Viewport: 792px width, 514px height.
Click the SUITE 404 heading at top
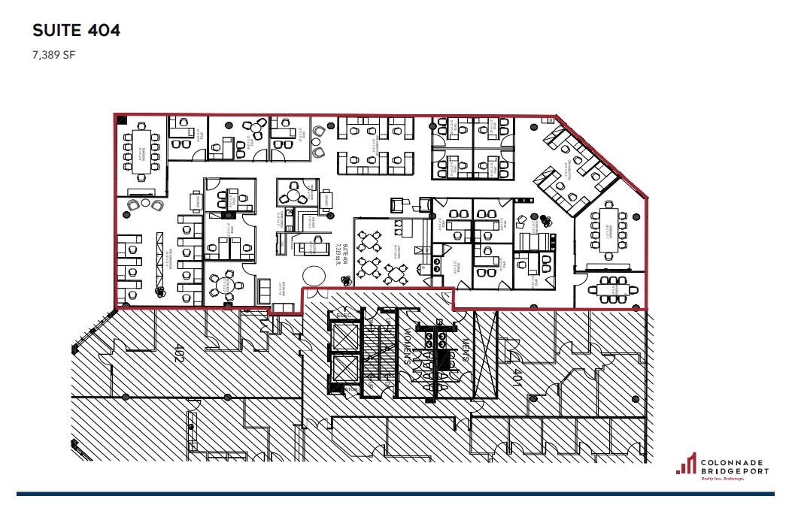[77, 31]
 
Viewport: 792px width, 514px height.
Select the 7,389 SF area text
[54, 54]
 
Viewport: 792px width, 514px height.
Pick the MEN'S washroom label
[466, 350]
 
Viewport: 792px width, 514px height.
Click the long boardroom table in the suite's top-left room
[141, 150]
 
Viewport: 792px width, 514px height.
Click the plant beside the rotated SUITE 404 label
[346, 280]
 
